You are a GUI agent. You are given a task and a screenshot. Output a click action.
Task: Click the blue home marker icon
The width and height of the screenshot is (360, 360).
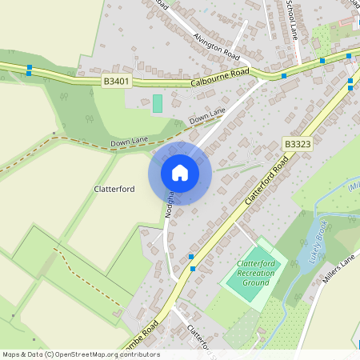[x=180, y=173]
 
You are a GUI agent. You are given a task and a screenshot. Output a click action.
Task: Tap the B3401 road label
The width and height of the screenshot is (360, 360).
[x=117, y=82]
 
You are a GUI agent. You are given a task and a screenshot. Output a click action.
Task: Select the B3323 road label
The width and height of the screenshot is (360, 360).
[x=297, y=143]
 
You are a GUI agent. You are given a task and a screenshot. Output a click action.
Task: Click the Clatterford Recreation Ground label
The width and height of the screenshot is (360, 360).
[x=256, y=274]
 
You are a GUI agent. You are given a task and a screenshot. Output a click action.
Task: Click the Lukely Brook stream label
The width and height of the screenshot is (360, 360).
[x=310, y=241]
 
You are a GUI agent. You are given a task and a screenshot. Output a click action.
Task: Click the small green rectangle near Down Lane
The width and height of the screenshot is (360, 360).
[x=158, y=103]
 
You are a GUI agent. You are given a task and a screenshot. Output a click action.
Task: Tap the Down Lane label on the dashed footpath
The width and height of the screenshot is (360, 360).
[x=129, y=142]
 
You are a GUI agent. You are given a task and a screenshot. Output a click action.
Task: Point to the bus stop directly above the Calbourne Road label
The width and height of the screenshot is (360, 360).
[x=283, y=76]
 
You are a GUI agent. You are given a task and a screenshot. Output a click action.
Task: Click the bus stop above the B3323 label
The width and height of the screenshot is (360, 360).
[x=322, y=60]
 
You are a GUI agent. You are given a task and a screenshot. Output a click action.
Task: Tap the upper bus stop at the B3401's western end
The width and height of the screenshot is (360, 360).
[x=30, y=67]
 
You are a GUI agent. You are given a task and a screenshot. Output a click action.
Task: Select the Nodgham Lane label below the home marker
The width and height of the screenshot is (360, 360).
[x=170, y=206]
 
